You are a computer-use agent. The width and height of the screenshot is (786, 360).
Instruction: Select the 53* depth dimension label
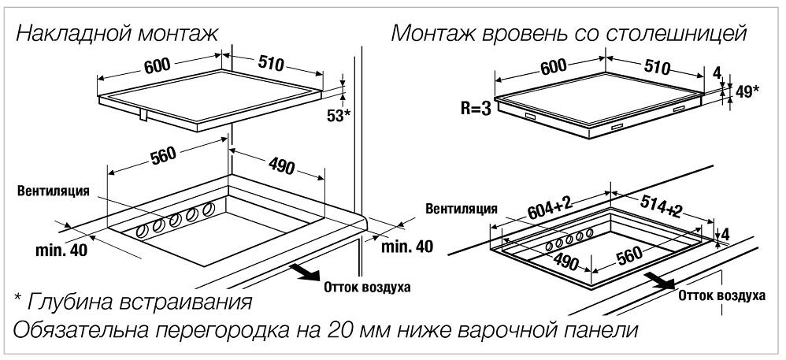[x=339, y=115]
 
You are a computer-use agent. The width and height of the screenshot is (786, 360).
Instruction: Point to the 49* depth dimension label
[x=747, y=91]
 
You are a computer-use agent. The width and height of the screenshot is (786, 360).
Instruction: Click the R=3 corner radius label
[x=476, y=109]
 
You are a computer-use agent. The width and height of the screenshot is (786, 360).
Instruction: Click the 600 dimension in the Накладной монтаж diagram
[x=158, y=65]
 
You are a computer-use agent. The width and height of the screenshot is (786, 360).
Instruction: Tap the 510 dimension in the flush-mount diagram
[x=656, y=67]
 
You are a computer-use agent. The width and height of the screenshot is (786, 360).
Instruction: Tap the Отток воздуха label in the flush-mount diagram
[x=722, y=295]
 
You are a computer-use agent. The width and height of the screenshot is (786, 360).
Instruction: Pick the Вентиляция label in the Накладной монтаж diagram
[x=54, y=191]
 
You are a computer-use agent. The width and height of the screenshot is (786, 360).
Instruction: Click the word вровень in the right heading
[x=526, y=35]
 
